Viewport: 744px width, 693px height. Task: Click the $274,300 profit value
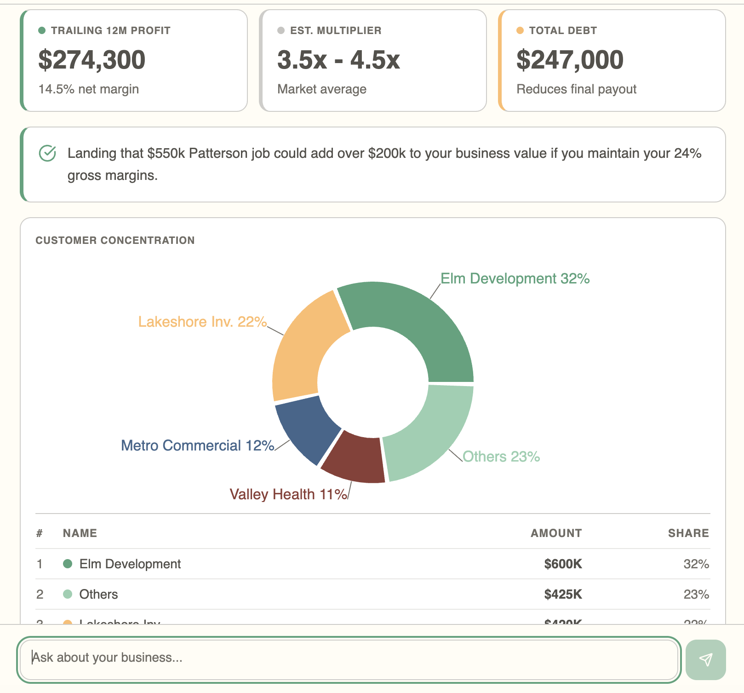(x=92, y=60)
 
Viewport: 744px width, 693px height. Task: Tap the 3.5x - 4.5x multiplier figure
(x=338, y=60)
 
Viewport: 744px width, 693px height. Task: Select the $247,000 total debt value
(x=570, y=60)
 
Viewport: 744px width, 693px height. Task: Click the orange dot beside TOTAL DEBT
(x=520, y=30)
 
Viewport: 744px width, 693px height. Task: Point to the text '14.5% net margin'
(x=88, y=89)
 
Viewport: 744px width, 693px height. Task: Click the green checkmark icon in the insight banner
(x=47, y=153)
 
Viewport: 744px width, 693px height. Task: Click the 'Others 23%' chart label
(x=501, y=456)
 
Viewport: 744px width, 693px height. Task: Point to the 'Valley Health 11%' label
(x=288, y=494)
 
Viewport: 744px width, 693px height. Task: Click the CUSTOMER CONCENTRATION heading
(x=115, y=240)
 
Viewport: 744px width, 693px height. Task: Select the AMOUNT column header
(x=556, y=533)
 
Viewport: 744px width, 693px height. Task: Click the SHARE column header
(x=688, y=533)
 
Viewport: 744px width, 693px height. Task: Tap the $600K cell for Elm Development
(x=563, y=564)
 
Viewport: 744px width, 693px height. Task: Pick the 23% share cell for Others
(x=696, y=594)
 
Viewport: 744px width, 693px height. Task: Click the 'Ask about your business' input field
(x=349, y=658)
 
